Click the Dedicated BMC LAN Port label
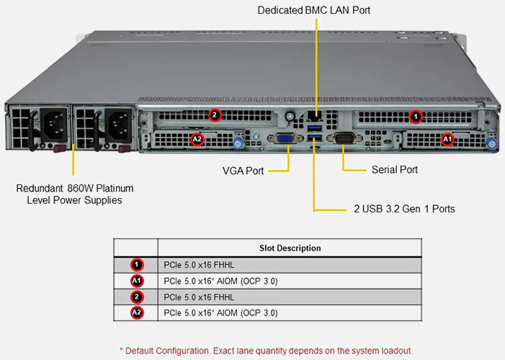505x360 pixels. pyautogui.click(x=314, y=10)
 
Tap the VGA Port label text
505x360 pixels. pyautogui.click(x=243, y=171)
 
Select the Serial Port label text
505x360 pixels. pyautogui.click(x=394, y=170)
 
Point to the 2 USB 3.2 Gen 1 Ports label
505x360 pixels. pyautogui.click(x=403, y=209)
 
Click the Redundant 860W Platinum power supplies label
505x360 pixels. pyautogui.click(x=74, y=194)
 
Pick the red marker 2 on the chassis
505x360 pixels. pyautogui.click(x=215, y=114)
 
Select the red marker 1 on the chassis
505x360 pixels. pyautogui.click(x=415, y=115)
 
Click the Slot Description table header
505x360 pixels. pyautogui.click(x=290, y=248)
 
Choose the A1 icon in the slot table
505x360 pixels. pyautogui.click(x=136, y=281)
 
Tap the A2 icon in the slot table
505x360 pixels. pyautogui.click(x=136, y=312)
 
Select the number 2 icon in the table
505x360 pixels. pyautogui.click(x=136, y=297)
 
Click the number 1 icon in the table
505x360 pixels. pyautogui.click(x=136, y=264)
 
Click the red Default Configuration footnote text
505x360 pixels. pyautogui.click(x=266, y=350)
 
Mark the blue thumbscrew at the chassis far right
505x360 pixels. pyautogui.click(x=492, y=144)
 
